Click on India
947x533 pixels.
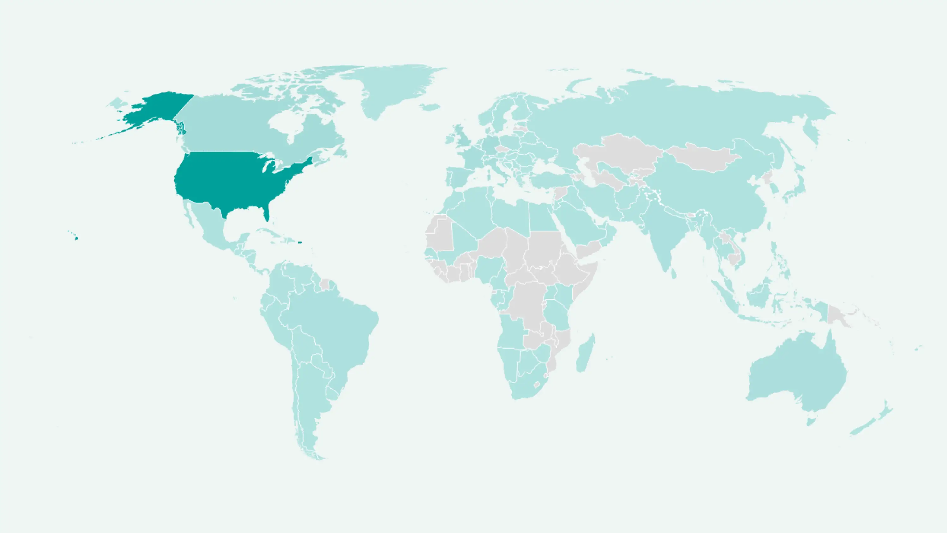click(662, 232)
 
